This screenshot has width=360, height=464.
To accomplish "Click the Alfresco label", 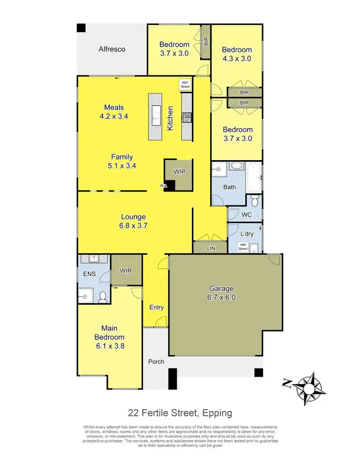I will [112, 49].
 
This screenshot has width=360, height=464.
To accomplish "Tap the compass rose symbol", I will [306, 387].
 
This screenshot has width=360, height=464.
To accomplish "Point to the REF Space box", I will [185, 84].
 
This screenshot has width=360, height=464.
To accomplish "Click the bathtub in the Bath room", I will [254, 177].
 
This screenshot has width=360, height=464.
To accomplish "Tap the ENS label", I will [90, 274].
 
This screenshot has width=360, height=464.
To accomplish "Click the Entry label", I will [156, 308].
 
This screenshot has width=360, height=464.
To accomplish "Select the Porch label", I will [156, 361].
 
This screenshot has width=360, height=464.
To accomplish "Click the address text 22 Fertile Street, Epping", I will [180, 413].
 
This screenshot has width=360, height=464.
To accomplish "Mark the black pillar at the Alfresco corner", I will [81, 28].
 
